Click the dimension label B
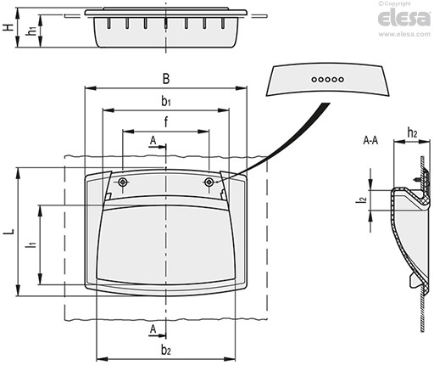coord(166,79)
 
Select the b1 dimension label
coord(166,101)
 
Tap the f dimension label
coord(166,121)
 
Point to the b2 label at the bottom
coord(166,350)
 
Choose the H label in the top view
coord(8,27)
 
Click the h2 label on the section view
coord(412,132)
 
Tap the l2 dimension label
coord(361,200)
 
